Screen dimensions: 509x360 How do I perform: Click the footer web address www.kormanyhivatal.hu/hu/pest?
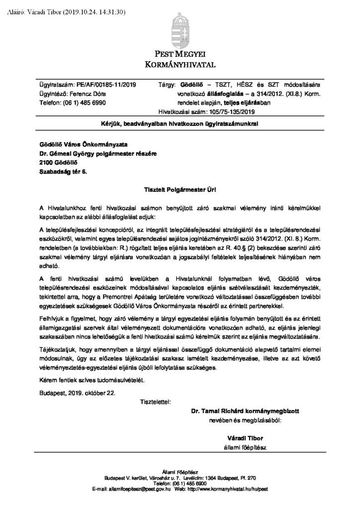(229, 489)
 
